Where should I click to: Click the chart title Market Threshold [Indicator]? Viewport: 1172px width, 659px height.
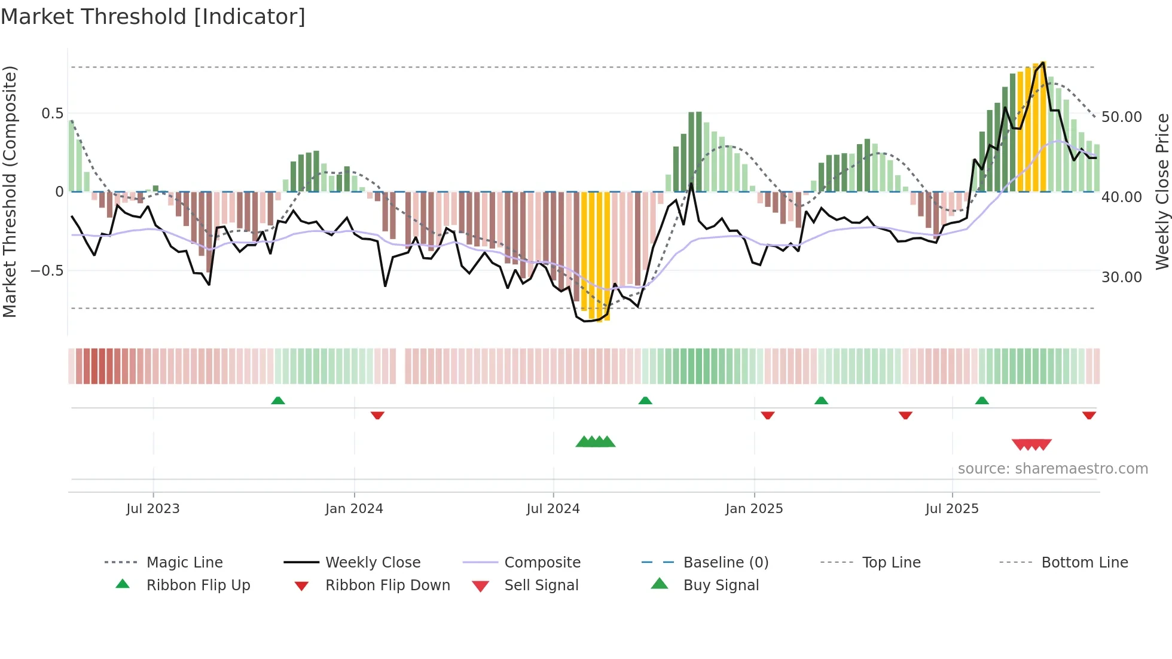pos(153,17)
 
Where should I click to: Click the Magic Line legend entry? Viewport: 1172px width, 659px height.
pos(184,562)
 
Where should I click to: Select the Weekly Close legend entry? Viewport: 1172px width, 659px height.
pos(373,562)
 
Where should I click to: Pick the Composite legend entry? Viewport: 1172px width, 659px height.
pos(542,562)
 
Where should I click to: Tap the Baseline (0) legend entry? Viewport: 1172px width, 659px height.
pos(725,562)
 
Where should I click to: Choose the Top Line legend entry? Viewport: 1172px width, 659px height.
pos(891,562)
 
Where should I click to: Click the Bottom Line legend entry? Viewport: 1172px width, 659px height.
pos(1084,562)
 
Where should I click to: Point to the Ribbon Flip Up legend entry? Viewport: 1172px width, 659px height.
pos(198,585)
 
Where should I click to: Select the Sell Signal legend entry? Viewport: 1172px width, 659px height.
pos(541,585)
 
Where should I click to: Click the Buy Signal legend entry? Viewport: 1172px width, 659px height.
pos(721,585)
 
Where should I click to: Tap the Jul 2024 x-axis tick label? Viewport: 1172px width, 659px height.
pos(553,508)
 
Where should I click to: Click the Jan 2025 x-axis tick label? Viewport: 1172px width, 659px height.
pos(754,508)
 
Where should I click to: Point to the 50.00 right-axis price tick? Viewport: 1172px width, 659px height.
pos(1121,117)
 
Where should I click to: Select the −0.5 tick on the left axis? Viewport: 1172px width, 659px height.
pos(47,271)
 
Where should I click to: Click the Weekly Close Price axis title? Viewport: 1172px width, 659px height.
pos(1162,191)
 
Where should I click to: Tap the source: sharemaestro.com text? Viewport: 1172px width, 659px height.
pos(1052,468)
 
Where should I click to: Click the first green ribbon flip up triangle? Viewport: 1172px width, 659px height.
pos(278,401)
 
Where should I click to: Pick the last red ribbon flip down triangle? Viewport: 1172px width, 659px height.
pos(1089,415)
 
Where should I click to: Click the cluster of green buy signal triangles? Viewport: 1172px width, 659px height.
pos(595,442)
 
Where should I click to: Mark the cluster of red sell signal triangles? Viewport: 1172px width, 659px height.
pos(1031,444)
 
